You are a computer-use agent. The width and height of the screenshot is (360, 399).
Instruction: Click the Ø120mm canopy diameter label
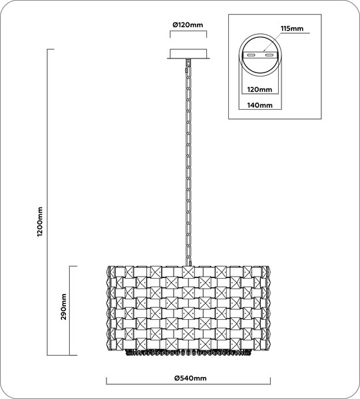(188, 25)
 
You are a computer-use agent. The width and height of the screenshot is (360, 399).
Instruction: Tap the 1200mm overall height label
(41, 219)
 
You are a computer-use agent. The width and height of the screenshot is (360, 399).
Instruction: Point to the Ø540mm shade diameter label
(190, 378)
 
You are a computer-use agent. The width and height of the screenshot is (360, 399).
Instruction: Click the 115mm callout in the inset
(292, 29)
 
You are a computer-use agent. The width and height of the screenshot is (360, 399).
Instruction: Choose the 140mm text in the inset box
(260, 105)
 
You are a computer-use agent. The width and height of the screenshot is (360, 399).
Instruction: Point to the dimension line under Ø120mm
(188, 36)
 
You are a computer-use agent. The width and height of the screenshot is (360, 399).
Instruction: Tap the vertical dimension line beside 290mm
(71, 310)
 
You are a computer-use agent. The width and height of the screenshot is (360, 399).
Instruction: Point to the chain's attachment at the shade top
(188, 261)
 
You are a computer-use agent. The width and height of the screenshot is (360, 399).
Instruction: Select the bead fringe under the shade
(189, 352)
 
